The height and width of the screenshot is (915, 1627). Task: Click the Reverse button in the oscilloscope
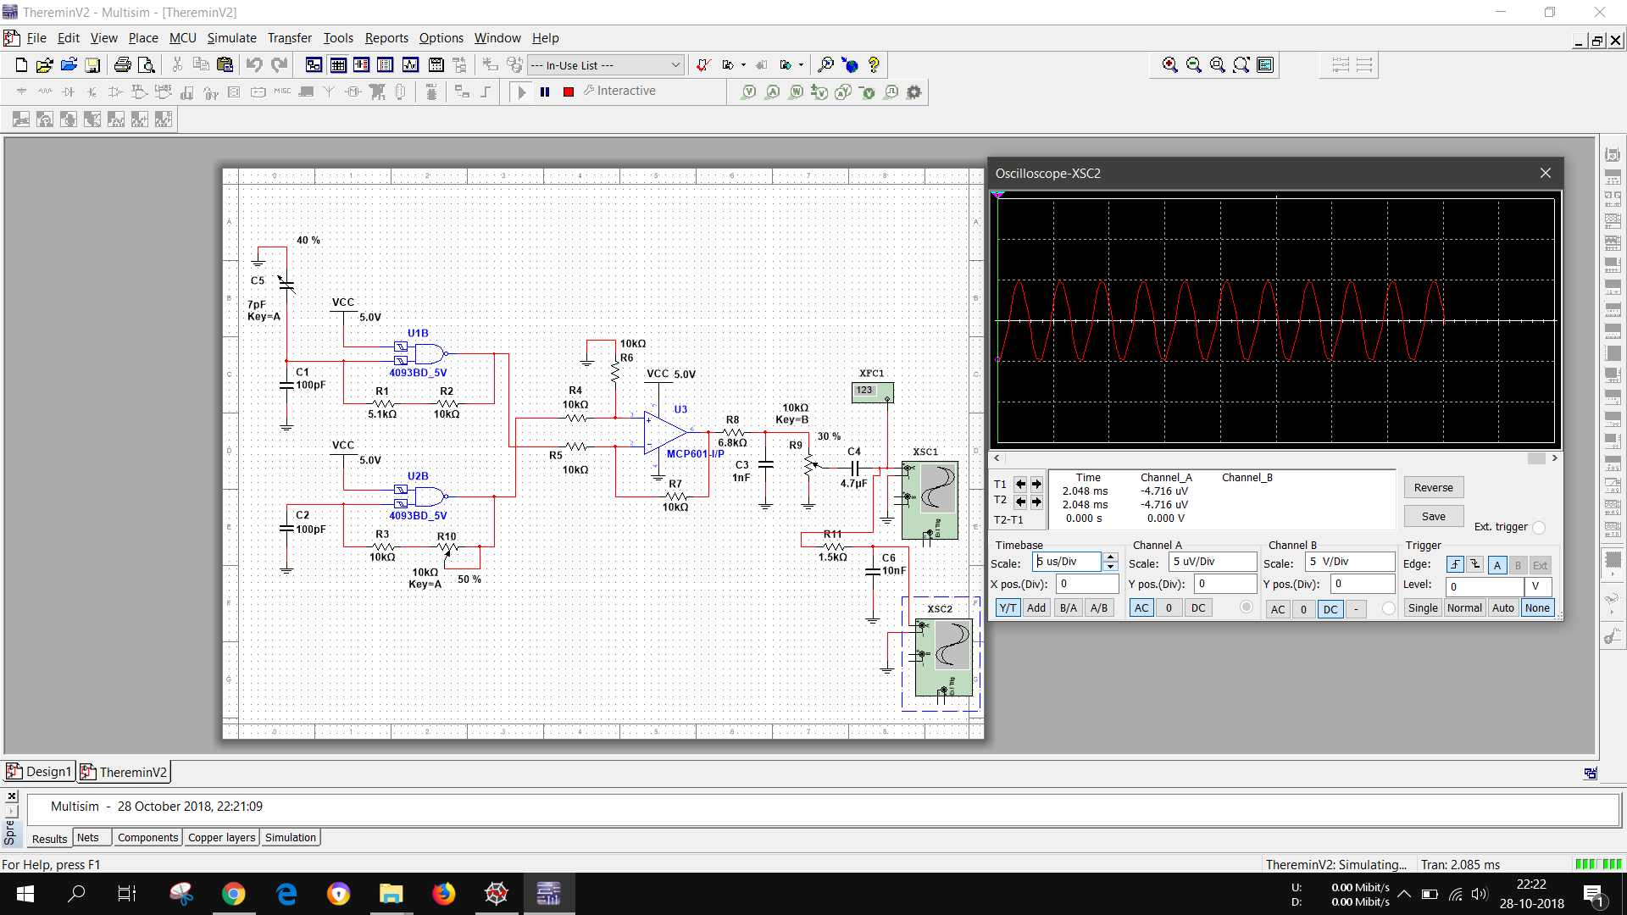[x=1433, y=487]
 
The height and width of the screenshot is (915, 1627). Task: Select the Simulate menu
[x=231, y=38]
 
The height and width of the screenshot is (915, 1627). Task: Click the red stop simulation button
[x=569, y=91]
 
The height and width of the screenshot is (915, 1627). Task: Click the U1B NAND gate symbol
[x=428, y=353]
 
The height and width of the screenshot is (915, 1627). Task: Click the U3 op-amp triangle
[x=664, y=432]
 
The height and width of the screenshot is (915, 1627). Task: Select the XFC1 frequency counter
[x=872, y=392]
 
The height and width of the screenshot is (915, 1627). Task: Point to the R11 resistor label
[x=832, y=534]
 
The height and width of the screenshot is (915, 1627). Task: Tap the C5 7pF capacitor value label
[x=256, y=304]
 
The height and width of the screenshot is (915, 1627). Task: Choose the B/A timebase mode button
[x=1068, y=607]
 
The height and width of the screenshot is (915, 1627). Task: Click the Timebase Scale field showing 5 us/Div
[x=1067, y=562]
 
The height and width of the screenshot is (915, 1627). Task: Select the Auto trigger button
[x=1502, y=607]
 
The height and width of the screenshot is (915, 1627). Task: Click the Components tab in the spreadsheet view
[x=147, y=838]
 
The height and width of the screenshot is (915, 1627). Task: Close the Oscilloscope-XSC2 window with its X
[x=1545, y=173]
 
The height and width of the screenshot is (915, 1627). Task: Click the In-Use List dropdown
[x=605, y=65]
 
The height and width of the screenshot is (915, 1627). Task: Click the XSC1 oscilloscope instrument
[x=930, y=500]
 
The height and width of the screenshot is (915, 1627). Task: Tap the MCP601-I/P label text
[x=695, y=454]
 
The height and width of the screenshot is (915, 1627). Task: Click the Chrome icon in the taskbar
[x=233, y=894]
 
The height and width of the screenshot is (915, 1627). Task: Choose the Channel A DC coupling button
[x=1197, y=607]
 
